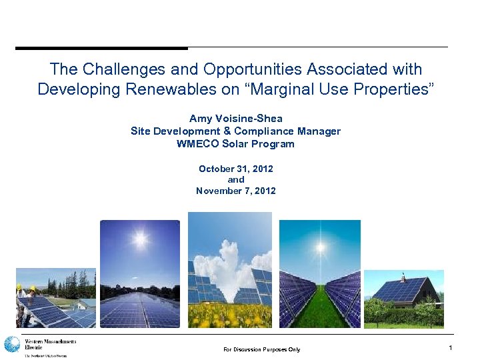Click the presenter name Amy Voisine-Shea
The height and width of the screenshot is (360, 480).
(x=235, y=119)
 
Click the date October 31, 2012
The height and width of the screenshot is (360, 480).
(x=235, y=169)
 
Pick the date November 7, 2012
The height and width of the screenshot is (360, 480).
(x=235, y=191)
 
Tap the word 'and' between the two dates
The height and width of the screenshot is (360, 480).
(x=235, y=180)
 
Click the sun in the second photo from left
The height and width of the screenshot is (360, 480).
(x=140, y=239)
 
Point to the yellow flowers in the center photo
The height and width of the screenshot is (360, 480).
(x=230, y=315)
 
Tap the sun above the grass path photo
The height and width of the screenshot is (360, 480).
(x=321, y=247)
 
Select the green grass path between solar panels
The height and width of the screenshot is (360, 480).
(x=321, y=307)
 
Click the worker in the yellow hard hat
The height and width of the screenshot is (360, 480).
(x=31, y=293)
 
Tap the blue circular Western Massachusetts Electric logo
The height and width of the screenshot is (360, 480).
(x=12, y=345)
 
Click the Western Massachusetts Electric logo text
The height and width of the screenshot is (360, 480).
(x=50, y=345)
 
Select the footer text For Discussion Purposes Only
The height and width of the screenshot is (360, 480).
(x=261, y=349)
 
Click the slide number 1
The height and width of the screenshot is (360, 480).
(x=451, y=348)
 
